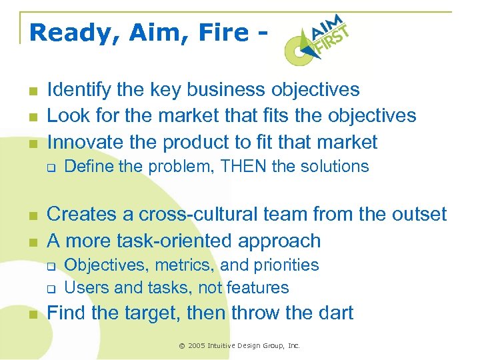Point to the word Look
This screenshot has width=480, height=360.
pyautogui.click(x=67, y=115)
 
